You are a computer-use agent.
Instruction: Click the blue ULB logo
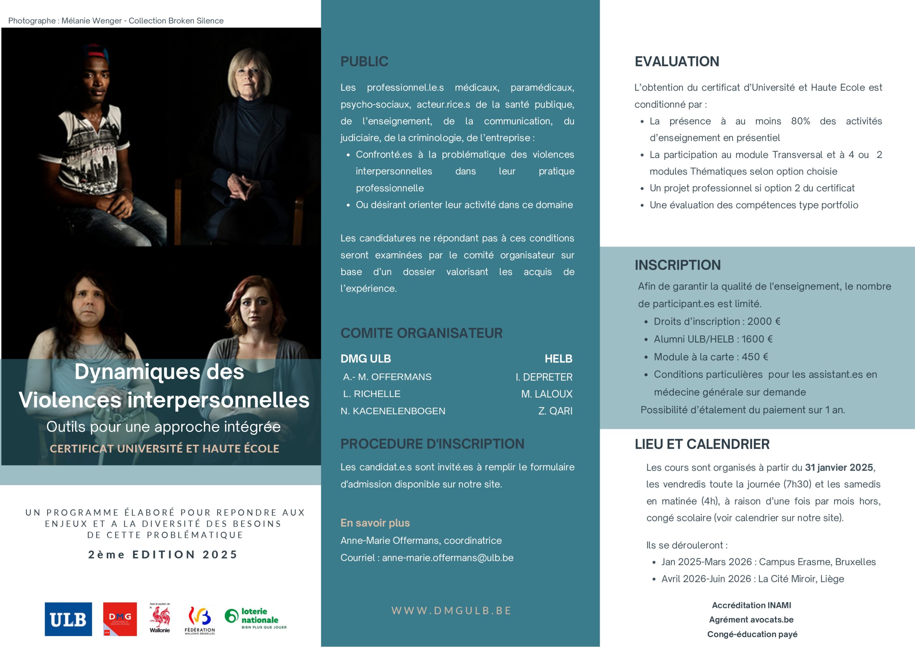click(68, 619)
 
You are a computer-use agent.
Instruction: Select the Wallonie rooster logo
click(160, 618)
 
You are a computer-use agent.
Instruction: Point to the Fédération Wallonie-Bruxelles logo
click(200, 619)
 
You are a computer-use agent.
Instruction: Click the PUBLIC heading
click(364, 62)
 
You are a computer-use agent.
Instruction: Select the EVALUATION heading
click(677, 62)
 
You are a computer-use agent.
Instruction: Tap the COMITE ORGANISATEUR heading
click(421, 333)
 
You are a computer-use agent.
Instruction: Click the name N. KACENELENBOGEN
click(392, 411)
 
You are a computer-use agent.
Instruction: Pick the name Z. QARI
click(555, 411)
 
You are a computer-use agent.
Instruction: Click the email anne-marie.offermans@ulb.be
click(447, 558)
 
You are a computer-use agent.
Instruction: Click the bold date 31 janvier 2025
click(839, 467)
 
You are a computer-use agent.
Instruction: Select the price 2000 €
click(763, 322)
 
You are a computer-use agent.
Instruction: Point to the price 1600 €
click(757, 339)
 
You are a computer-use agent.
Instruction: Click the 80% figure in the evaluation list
click(801, 121)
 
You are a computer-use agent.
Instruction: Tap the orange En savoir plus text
click(375, 523)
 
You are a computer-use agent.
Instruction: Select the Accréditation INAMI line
click(752, 605)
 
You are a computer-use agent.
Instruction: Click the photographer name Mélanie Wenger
click(91, 21)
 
